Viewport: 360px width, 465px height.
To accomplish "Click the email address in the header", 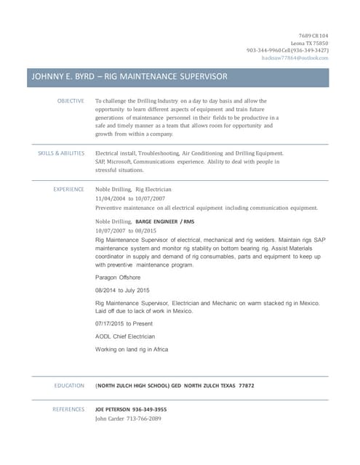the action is tap(295, 57).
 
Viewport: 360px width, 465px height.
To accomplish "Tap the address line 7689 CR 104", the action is tap(313, 36).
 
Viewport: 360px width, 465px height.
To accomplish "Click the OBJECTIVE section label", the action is tap(71, 101).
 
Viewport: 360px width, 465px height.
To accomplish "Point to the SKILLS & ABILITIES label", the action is tap(61, 154).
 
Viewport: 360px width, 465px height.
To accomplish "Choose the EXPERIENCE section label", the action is tap(68, 189).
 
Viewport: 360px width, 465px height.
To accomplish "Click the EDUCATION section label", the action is tap(69, 385).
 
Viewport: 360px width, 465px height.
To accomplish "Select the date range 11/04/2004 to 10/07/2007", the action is tap(130, 198).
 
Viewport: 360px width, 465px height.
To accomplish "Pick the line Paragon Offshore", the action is tap(118, 278).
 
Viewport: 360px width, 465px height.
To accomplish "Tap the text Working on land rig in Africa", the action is tap(132, 349).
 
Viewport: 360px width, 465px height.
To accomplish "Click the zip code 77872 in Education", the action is tap(246, 385).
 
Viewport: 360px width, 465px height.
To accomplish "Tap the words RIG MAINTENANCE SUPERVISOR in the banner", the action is tap(168, 76).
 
